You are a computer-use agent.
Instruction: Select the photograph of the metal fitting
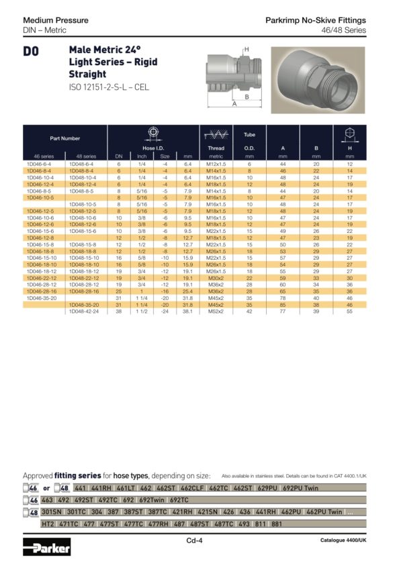318,79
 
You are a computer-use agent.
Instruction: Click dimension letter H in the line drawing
247,50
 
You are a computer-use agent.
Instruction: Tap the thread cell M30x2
216,277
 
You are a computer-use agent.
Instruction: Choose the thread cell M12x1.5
216,164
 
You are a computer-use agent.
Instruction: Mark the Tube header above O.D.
249,134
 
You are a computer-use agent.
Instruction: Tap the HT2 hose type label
48,523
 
